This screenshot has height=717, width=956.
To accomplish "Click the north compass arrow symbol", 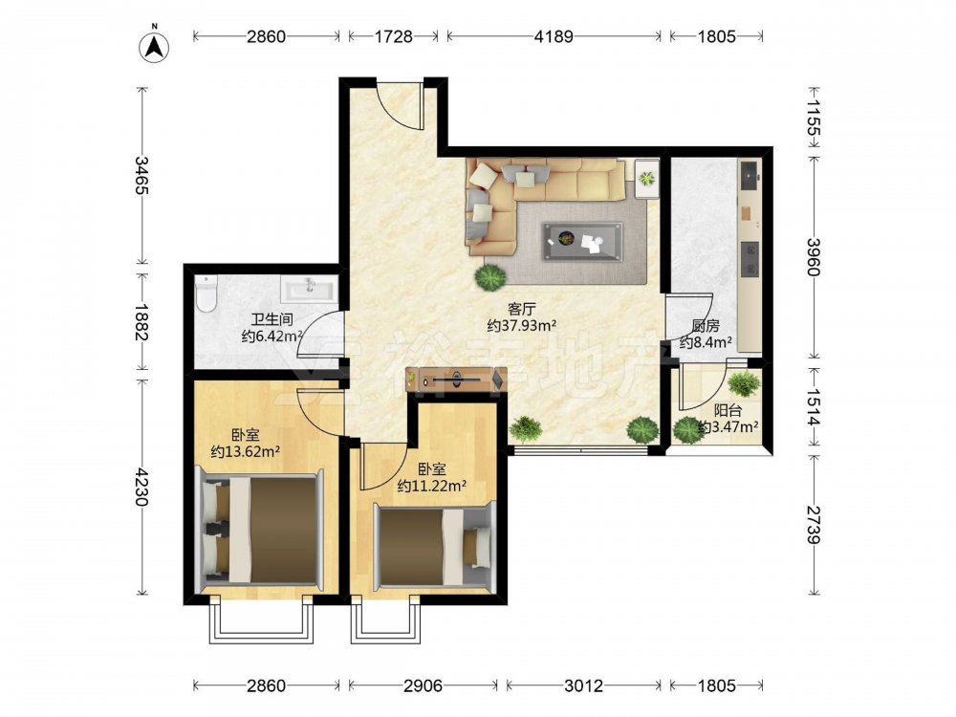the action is [x=154, y=46].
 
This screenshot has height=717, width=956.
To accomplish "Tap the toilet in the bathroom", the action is [x=207, y=293].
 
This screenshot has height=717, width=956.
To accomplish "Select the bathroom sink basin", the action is [x=309, y=289].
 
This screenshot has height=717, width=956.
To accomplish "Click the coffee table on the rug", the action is [x=583, y=242].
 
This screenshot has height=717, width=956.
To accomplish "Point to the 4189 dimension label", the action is [x=554, y=36].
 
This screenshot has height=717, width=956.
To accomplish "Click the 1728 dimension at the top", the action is [x=393, y=36].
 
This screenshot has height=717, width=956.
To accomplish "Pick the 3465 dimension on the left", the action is [x=141, y=176].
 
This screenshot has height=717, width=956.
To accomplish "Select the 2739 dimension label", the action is [x=814, y=524].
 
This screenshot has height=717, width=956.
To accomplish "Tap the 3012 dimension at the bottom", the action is [x=583, y=685].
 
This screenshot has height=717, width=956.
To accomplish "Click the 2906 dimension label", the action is [x=424, y=685].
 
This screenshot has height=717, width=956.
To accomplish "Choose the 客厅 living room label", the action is [x=521, y=310].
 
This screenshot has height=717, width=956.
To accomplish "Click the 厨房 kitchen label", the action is [x=706, y=327].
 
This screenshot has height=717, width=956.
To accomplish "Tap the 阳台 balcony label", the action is [x=728, y=411].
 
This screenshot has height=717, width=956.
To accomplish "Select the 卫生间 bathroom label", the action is [x=272, y=319].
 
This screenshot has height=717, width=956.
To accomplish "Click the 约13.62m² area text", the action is [x=245, y=452].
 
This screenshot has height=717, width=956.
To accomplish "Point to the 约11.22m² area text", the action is [x=432, y=486].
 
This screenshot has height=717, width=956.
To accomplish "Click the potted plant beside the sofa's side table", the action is [x=647, y=179].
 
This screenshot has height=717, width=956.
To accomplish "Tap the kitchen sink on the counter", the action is [x=749, y=174].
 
